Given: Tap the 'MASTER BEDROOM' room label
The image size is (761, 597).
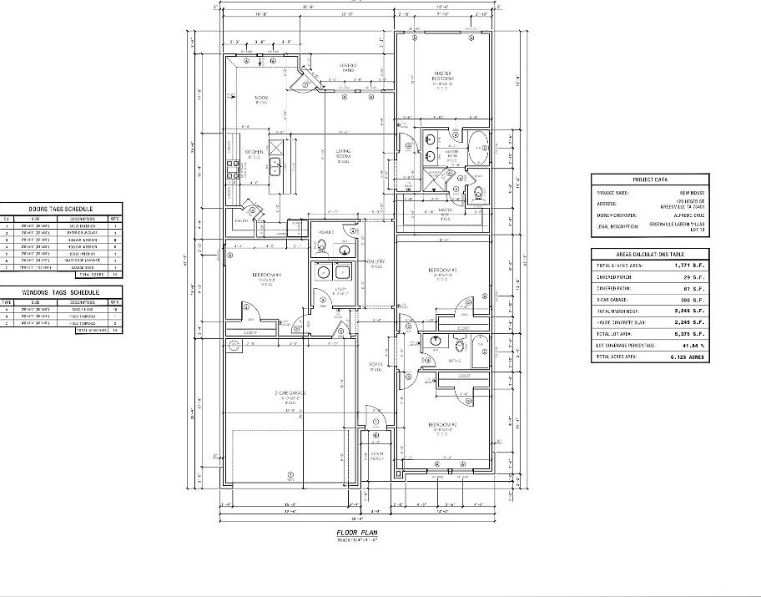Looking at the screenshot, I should [x=442, y=76].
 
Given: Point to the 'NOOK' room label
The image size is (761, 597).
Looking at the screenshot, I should [x=261, y=99].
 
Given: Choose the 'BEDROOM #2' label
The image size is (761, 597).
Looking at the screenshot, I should [x=443, y=425].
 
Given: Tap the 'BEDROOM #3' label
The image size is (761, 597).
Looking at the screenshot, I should [x=442, y=271].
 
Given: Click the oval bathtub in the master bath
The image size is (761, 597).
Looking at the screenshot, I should [x=477, y=148].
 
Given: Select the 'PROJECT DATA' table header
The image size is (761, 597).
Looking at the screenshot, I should [x=648, y=179].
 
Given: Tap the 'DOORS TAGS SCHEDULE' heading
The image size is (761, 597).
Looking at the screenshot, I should [x=62, y=209].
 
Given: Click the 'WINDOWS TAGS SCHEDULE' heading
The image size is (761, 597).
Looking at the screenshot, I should [x=62, y=292].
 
